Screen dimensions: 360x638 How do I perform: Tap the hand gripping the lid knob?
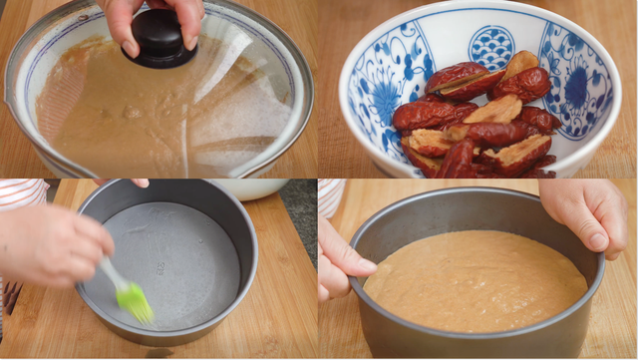150,15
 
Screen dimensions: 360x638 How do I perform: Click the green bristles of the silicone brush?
135,301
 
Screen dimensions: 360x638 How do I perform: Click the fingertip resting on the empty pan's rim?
140,183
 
